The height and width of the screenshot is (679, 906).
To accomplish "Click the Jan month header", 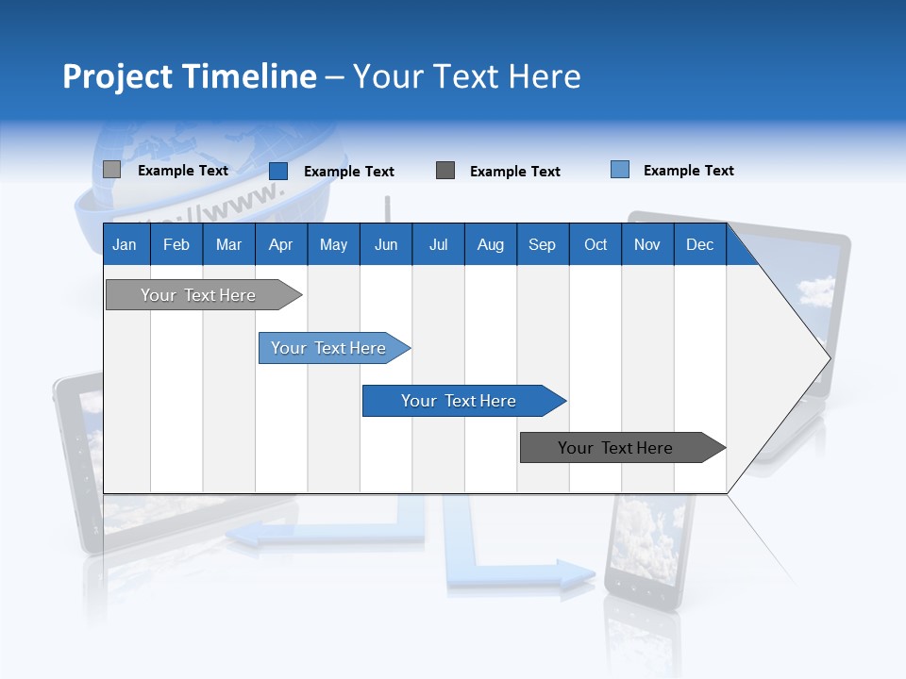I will click(125, 244).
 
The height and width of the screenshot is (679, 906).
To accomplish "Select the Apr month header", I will click(280, 244).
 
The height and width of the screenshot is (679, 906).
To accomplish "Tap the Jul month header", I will click(438, 244).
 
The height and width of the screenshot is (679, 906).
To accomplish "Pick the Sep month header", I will click(542, 244).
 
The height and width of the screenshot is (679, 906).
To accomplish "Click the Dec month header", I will click(699, 244).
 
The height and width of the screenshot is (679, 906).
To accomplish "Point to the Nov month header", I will click(646, 244).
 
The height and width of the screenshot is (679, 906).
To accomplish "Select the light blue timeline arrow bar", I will click(331, 348).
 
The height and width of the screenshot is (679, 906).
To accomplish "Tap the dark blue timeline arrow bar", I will click(461, 401).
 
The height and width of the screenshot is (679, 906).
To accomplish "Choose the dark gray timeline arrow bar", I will click(619, 448).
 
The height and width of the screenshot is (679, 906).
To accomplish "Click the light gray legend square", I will click(111, 170).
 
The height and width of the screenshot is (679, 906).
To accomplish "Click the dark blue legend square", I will click(277, 171).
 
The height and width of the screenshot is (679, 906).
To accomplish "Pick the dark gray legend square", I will click(445, 171).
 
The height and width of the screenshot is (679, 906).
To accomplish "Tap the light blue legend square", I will click(619, 170).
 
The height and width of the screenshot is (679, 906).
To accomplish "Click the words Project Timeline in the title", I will click(189, 76).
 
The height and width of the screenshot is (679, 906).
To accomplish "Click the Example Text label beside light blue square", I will click(688, 171).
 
